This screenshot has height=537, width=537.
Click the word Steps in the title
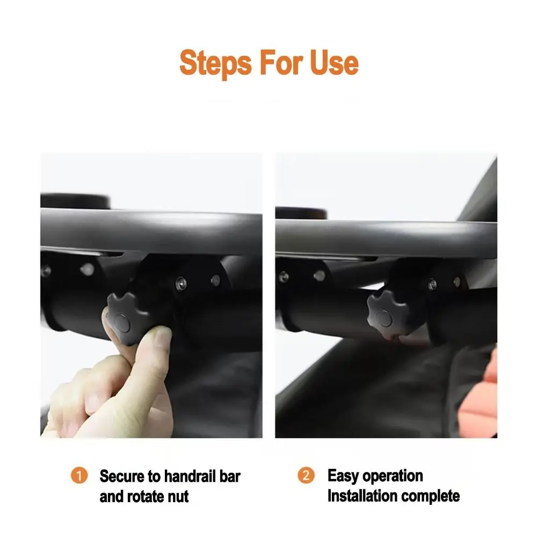[x=216, y=64]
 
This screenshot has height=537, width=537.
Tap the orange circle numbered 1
[x=79, y=476]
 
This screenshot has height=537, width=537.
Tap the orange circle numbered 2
[x=306, y=476]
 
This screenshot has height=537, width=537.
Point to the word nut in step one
[x=178, y=496]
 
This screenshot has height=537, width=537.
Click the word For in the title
[x=280, y=63]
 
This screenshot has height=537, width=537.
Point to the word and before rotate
[x=111, y=496]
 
